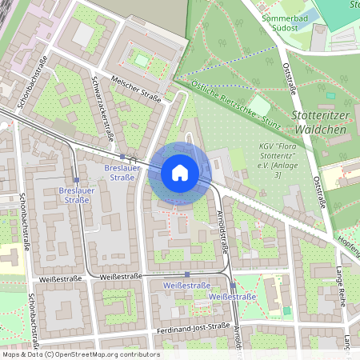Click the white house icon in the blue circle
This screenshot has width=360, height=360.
pos(180,172)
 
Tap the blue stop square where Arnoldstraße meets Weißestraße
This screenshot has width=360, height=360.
pos(233,285)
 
